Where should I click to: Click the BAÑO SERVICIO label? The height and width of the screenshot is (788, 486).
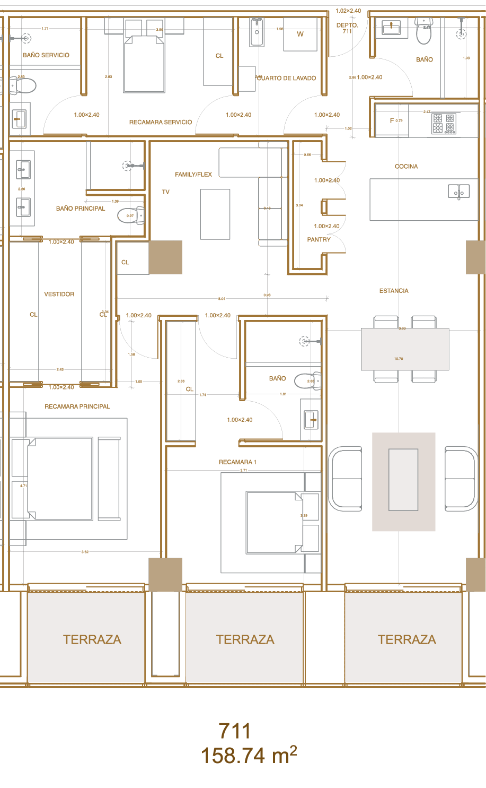(46, 55)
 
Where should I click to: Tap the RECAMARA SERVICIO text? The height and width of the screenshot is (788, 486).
(161, 123)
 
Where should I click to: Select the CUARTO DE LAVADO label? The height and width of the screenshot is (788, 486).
(286, 79)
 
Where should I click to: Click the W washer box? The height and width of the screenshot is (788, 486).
(300, 34)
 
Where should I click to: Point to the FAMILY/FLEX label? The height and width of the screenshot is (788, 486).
(193, 175)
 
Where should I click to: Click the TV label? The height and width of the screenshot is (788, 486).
(166, 192)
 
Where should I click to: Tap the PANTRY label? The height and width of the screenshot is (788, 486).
(319, 240)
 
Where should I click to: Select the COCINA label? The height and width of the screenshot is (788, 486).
(407, 167)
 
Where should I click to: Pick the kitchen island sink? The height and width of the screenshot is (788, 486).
(458, 191)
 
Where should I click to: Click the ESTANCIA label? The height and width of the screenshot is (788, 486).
(394, 291)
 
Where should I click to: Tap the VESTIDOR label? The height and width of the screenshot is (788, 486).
(59, 295)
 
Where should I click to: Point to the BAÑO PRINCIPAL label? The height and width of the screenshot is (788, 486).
(81, 209)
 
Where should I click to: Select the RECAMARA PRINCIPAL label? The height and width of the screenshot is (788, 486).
(77, 406)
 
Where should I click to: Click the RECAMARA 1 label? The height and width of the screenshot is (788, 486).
(237, 462)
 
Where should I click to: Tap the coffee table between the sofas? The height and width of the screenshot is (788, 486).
(403, 480)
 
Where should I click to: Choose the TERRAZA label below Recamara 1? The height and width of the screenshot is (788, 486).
(245, 640)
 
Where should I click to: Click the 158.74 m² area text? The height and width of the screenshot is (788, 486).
(249, 755)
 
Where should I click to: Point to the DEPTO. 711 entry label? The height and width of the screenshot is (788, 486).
(347, 28)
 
